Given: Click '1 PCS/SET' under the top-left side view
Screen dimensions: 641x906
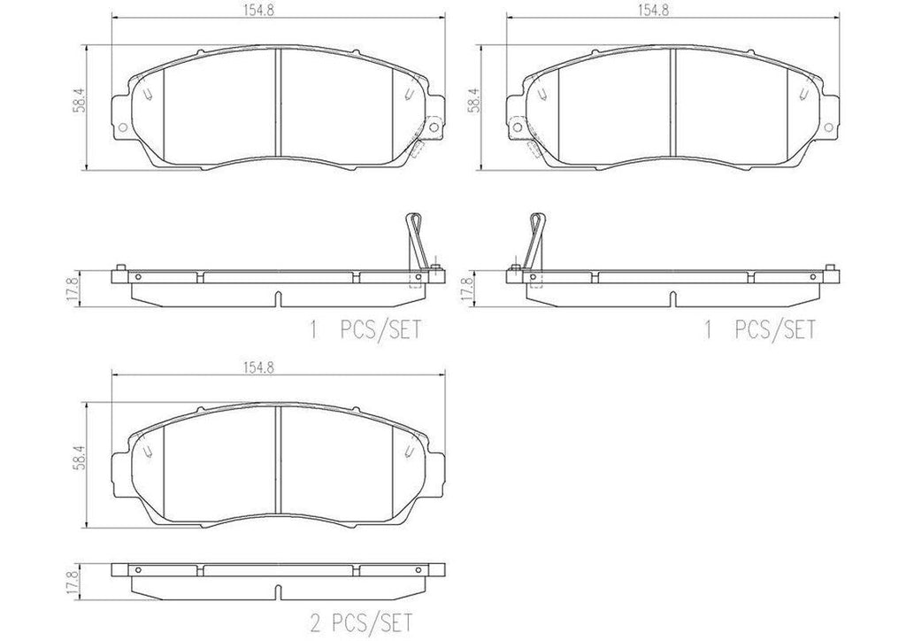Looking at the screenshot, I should (362, 330).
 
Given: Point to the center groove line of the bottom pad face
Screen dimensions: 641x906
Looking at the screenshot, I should (278, 460).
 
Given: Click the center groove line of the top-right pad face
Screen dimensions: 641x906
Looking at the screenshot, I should (673, 102).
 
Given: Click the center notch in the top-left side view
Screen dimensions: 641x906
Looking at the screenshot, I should (277, 297).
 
